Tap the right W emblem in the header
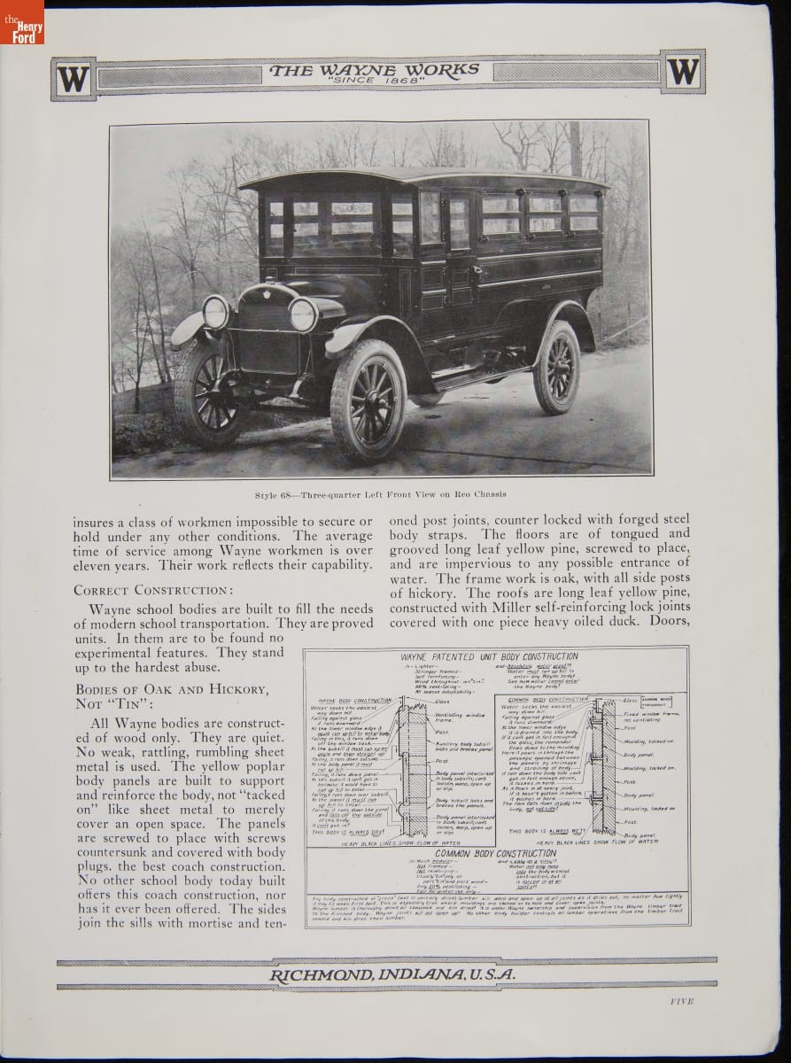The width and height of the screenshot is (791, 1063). click(x=683, y=71)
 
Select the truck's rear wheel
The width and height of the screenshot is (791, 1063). click(x=556, y=368)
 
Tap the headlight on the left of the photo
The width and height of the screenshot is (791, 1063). click(x=215, y=312)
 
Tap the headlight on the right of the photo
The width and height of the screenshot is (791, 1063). click(x=303, y=314)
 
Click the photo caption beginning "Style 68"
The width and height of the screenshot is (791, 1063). click(x=379, y=497)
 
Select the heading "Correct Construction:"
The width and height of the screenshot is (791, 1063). click(x=153, y=589)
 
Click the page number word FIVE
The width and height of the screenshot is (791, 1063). click(x=677, y=1001)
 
